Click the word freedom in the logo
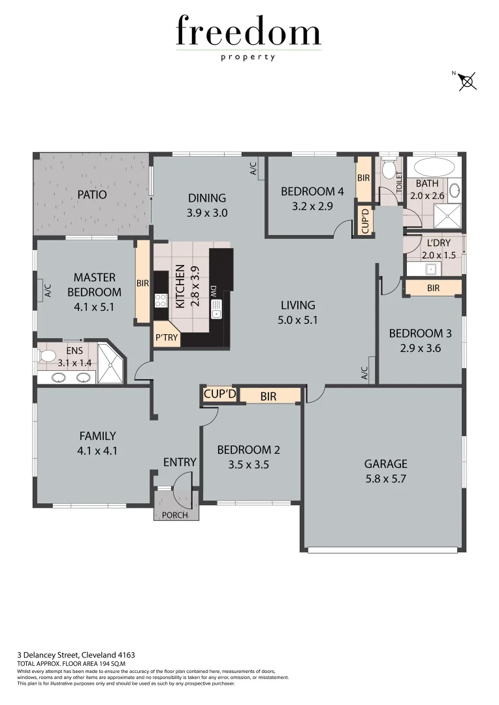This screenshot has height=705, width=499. click(x=249, y=33)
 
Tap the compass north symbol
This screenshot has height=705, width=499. click(x=468, y=81)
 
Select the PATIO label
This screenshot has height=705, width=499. click(x=92, y=195)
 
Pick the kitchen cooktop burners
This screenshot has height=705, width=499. click(x=161, y=300)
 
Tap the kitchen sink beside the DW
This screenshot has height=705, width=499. click(x=216, y=308)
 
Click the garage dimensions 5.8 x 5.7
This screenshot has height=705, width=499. click(x=385, y=478)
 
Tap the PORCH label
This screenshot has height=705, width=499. click(x=174, y=515)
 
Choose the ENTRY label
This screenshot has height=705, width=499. click(x=180, y=462)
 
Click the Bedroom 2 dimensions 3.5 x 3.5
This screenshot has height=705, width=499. click(x=248, y=465)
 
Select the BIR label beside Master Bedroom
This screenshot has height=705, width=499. click(x=143, y=284)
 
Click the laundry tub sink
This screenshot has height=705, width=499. click(x=430, y=268)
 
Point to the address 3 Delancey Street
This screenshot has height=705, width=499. click(x=76, y=654)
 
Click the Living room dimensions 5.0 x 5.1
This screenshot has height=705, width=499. click(x=298, y=320)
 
